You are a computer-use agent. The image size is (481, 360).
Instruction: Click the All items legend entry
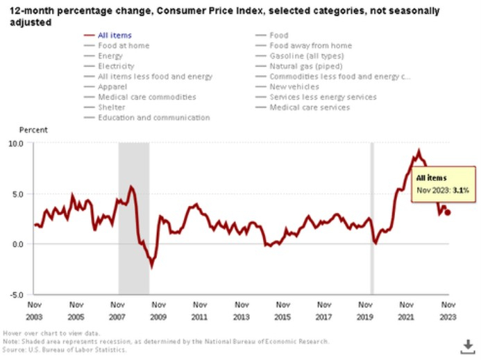pos(115,35)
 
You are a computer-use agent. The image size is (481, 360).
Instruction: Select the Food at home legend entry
pos(123,46)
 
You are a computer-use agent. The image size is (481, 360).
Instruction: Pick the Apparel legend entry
pos(114,87)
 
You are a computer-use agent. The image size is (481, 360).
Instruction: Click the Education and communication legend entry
pos(153,118)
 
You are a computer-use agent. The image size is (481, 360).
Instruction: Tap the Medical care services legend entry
pos(310,108)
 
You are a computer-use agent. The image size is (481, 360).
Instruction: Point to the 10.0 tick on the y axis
pos(16,143)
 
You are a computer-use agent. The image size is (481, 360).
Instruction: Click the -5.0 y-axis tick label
pos(16,294)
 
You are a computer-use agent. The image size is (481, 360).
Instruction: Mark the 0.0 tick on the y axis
pos(17,244)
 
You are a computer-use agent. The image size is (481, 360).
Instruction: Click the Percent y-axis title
pos(33,130)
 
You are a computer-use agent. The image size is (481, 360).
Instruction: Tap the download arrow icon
pos(467,345)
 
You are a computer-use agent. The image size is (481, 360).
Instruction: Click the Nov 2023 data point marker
pos(448,213)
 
